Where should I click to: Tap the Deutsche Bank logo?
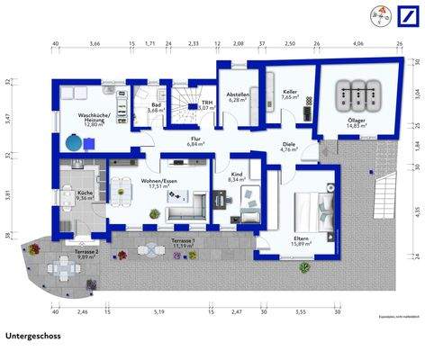pos(402,17)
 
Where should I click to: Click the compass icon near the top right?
pos(375,16)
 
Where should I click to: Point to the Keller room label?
pos(289,94)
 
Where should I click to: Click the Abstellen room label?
pos(238,97)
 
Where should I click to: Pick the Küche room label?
pos(85,195)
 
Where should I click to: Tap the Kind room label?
pos(236,177)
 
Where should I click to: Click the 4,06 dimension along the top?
pos(358,42)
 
